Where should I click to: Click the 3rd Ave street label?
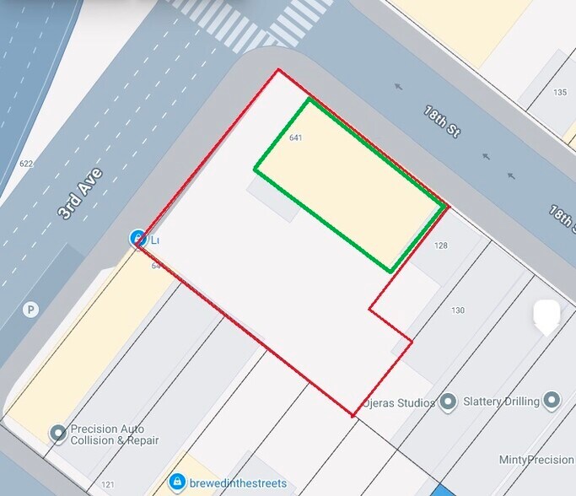(80, 194)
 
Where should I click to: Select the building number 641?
(295, 137)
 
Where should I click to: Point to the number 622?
(26, 164)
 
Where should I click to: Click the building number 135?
(560, 92)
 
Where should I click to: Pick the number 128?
(441, 245)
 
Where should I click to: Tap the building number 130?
(458, 310)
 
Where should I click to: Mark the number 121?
(107, 484)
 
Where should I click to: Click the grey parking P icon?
(31, 310)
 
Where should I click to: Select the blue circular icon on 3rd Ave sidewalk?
(138, 239)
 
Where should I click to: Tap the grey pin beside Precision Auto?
(58, 434)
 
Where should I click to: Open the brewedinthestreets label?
(238, 483)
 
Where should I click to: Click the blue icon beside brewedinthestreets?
(177, 483)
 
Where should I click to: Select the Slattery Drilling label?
(501, 402)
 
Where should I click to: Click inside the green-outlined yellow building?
(350, 181)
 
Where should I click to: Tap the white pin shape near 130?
(547, 316)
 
